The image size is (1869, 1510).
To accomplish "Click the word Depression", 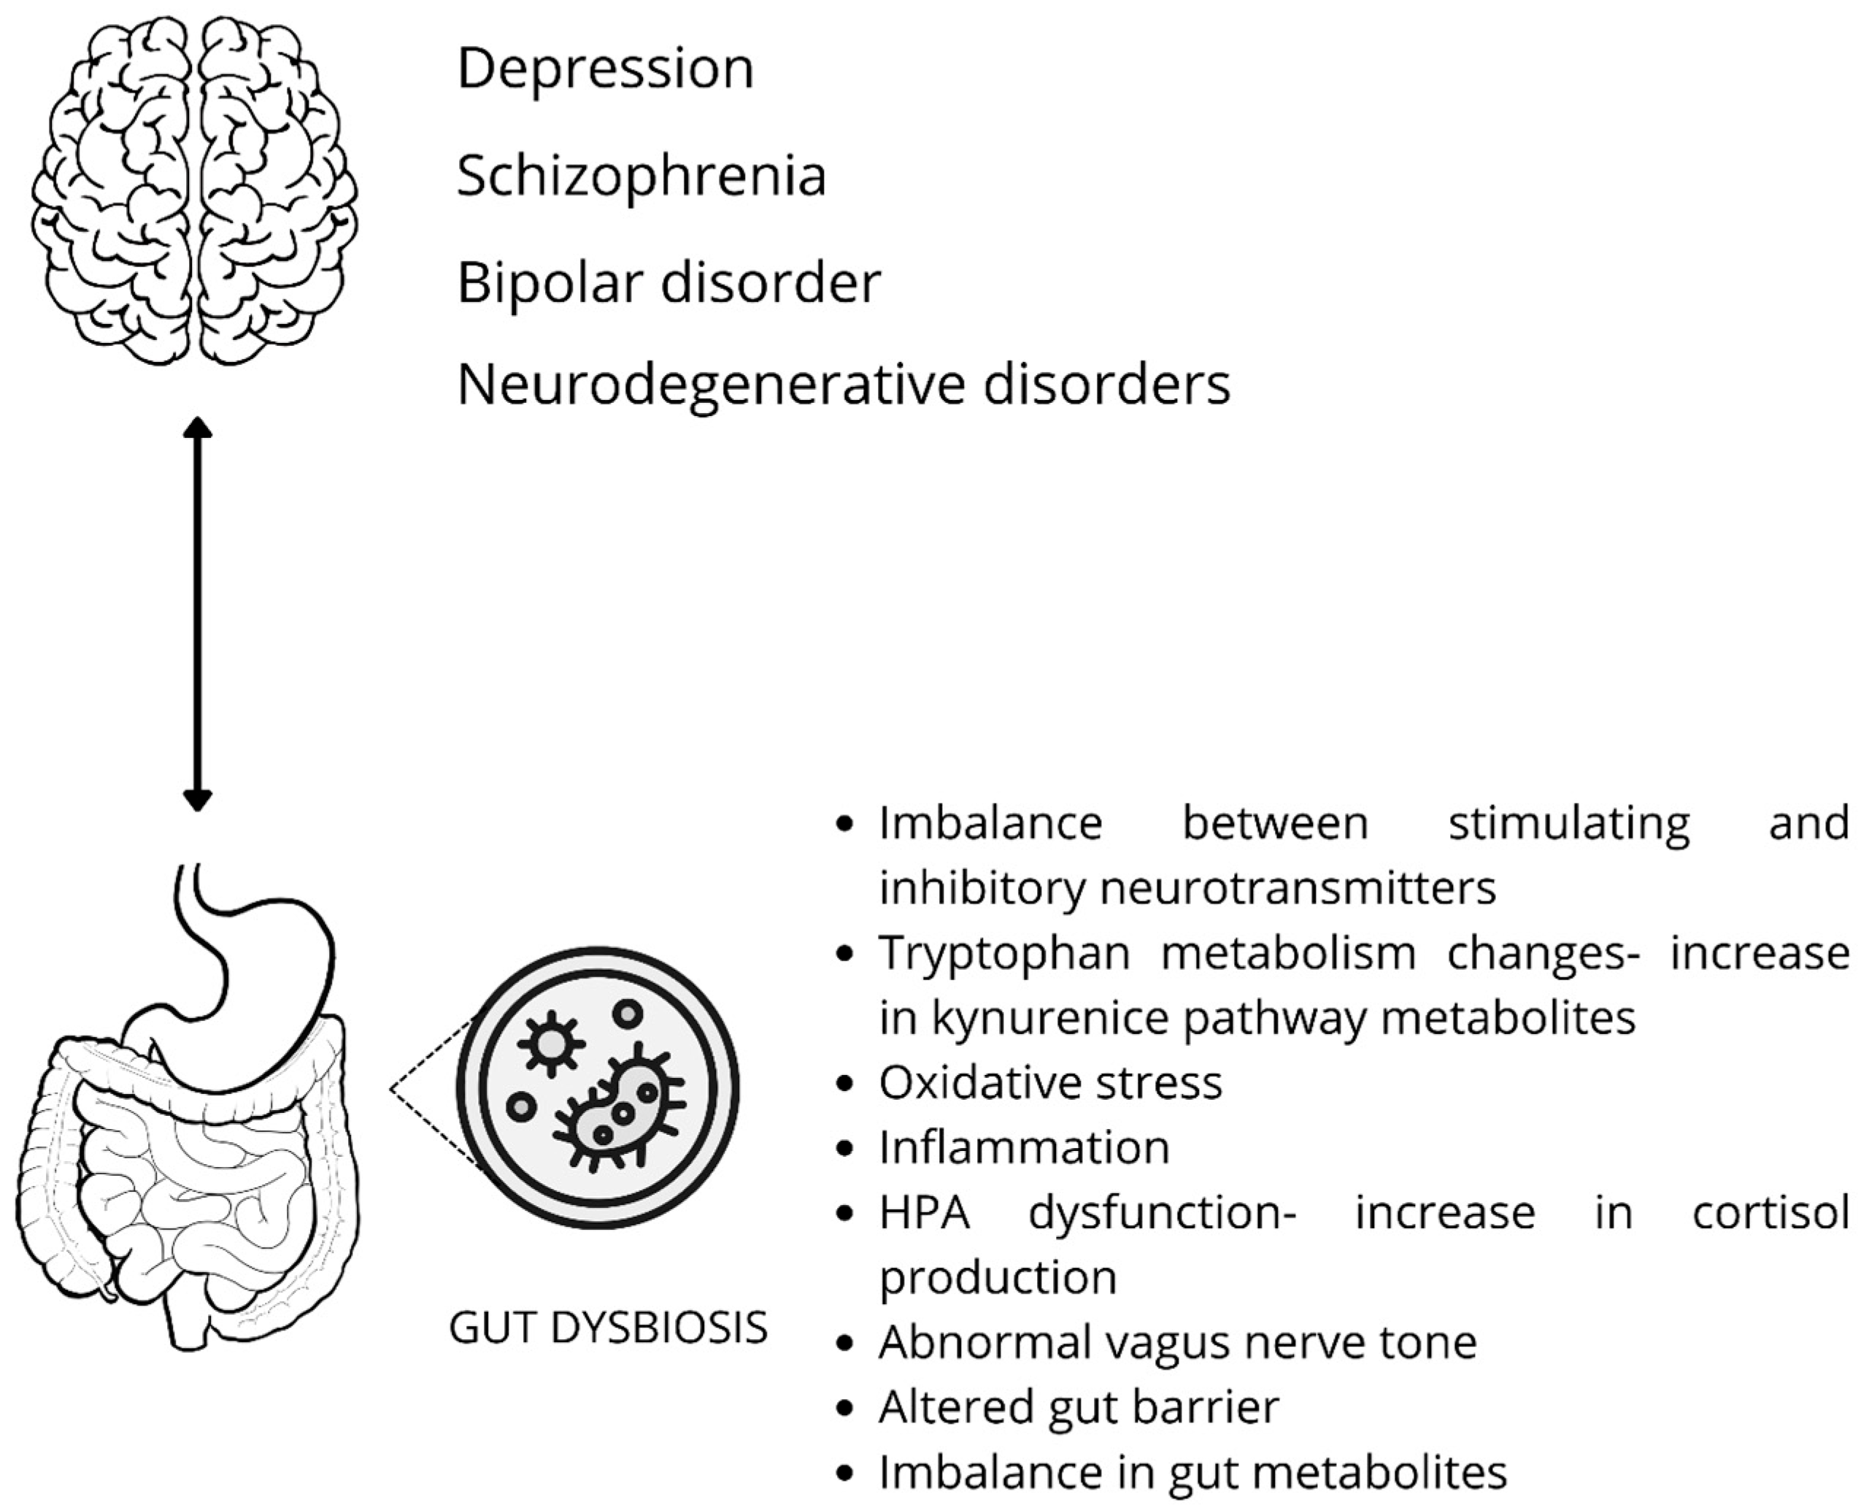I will pyautogui.click(x=605, y=69).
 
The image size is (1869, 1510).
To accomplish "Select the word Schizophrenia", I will pyautogui.click(x=641, y=177).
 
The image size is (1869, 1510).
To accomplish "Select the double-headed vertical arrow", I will pyautogui.click(x=198, y=613).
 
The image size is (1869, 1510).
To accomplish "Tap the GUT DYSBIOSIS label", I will pyautogui.click(x=608, y=1328).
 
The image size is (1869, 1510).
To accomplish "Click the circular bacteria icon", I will pyautogui.click(x=598, y=1087).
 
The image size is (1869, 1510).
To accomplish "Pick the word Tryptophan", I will pyautogui.click(x=1003, y=952).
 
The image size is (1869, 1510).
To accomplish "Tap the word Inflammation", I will pyautogui.click(x=1024, y=1147).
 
